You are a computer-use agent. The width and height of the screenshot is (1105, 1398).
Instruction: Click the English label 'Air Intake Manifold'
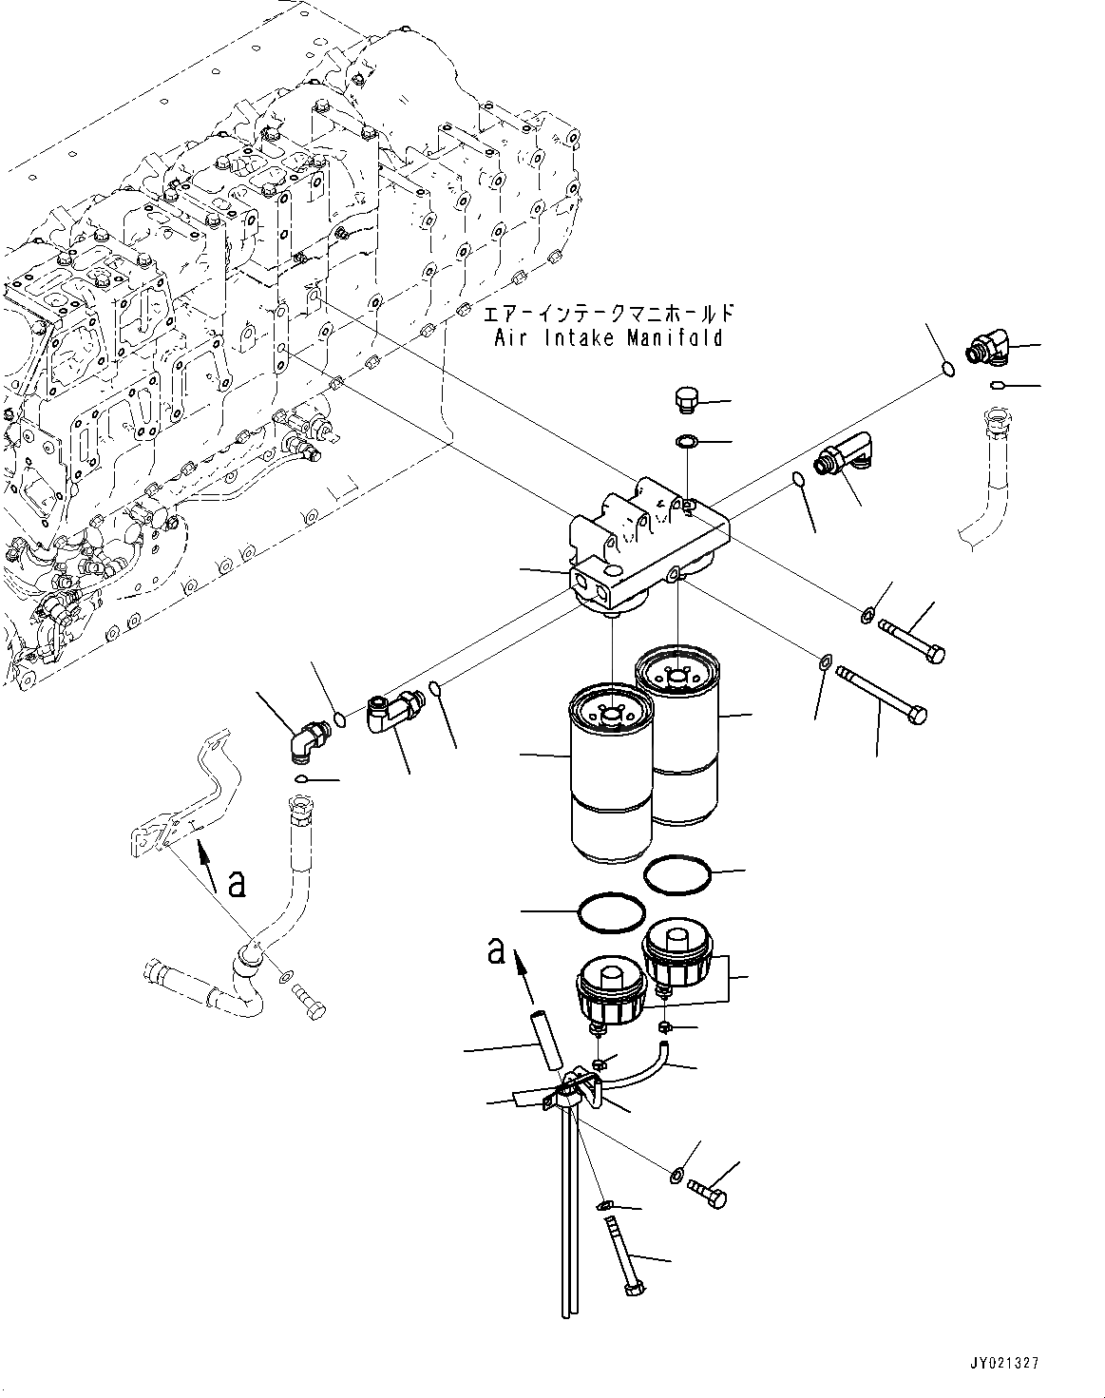[x=608, y=337]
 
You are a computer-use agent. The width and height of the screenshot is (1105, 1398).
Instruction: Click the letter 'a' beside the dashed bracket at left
[x=238, y=883]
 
